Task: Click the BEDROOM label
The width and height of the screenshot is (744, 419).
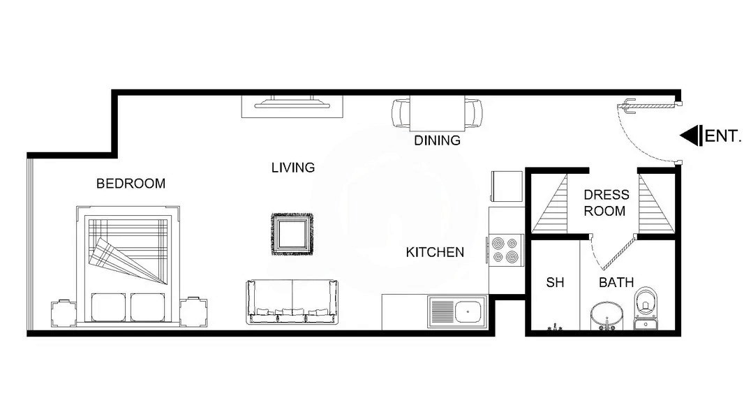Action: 131,184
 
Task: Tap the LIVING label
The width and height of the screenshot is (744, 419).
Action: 293,168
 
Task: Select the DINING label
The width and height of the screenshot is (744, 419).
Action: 438,140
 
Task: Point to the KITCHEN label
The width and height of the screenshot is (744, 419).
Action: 435,252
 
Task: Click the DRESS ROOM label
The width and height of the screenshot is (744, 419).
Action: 606,203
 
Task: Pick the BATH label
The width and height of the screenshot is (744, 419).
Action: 616,283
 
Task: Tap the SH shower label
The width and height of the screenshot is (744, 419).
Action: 555,283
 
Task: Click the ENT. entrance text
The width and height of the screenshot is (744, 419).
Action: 723,136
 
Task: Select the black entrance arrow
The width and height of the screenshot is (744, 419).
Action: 690,136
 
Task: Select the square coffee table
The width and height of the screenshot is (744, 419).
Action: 292,234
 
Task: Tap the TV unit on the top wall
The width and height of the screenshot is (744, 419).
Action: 293,104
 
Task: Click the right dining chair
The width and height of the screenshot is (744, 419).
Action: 475,112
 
